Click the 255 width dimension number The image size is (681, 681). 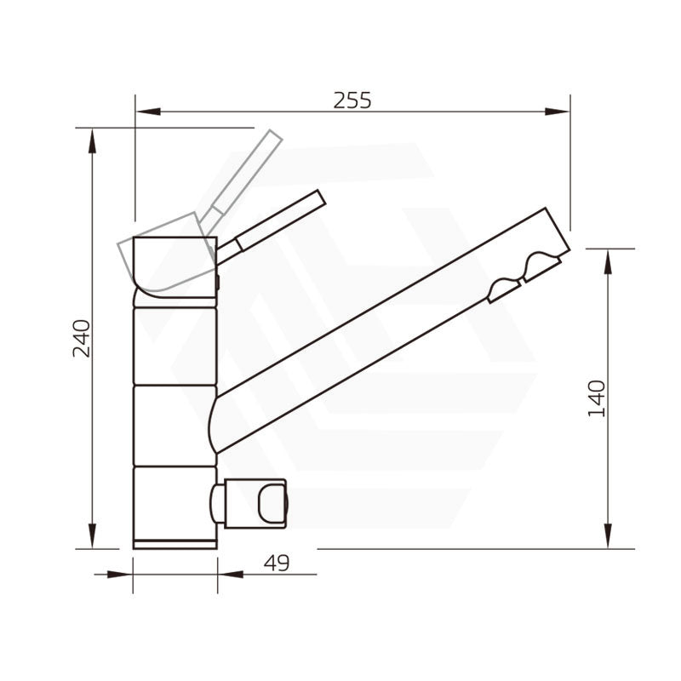352,100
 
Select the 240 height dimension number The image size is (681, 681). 81,337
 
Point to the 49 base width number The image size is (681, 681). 278,563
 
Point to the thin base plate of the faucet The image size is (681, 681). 175,544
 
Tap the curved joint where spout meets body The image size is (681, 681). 215,421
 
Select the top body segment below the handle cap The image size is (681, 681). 175,345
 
